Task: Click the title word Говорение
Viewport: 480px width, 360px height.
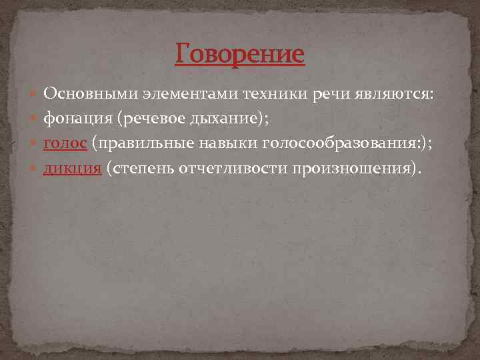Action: click(240, 53)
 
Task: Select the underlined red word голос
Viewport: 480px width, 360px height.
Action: click(65, 143)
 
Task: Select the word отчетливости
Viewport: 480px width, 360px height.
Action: click(232, 168)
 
